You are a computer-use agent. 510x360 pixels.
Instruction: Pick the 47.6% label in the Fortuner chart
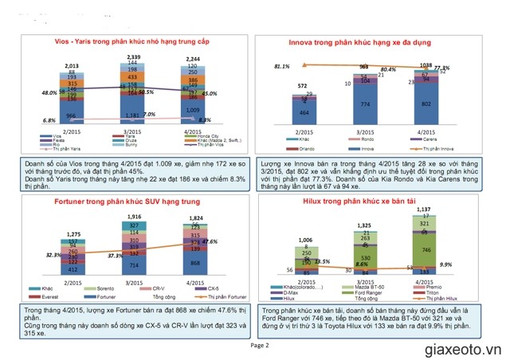click(211, 241)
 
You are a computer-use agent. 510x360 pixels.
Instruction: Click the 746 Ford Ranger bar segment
click(426, 249)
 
